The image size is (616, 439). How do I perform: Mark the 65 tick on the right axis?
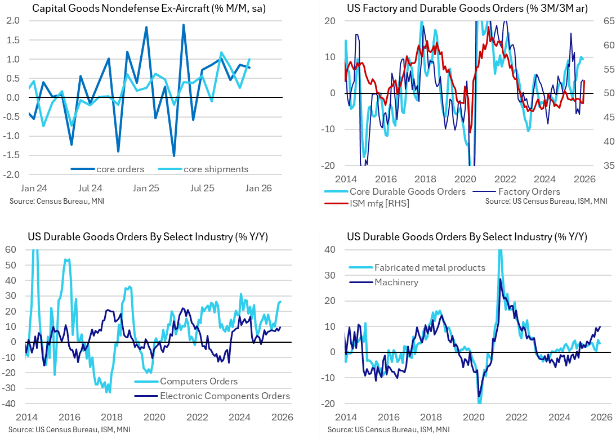[604, 21]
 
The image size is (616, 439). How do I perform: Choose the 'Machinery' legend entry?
[396, 281]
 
